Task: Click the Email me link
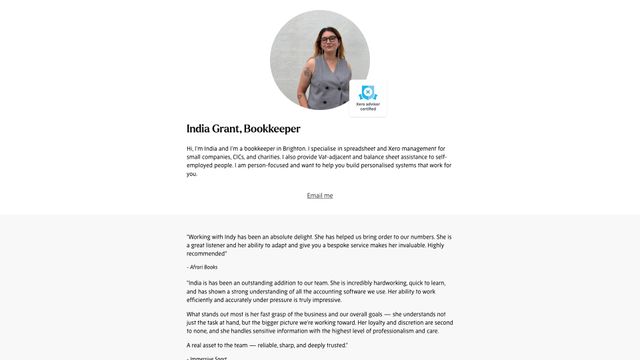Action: pos(320,195)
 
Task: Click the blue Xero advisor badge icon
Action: pos(367,93)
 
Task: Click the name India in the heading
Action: pos(198,129)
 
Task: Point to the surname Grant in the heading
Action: pos(227,129)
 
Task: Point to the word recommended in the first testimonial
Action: pos(206,254)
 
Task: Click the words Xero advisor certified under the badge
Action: pos(367,105)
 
